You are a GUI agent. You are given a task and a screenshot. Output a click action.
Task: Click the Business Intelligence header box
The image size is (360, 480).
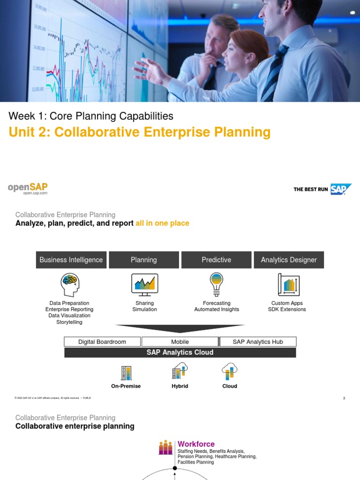[x=71, y=260]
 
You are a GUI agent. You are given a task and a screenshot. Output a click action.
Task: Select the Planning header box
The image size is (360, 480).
[x=144, y=260]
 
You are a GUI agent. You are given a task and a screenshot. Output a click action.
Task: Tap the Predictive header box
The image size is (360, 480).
[x=216, y=260]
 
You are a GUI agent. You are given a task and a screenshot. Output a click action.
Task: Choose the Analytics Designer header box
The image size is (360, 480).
[x=289, y=260]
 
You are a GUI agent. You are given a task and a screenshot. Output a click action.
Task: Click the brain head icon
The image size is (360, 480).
[x=69, y=285]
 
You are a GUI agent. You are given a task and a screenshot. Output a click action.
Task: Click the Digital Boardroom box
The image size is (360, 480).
[x=102, y=342]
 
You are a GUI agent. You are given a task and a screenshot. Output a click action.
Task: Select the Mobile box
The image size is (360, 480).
[x=180, y=342]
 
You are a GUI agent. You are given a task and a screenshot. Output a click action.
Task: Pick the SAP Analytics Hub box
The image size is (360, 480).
[x=258, y=342]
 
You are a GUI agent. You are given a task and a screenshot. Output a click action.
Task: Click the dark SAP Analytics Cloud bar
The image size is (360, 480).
[x=180, y=352]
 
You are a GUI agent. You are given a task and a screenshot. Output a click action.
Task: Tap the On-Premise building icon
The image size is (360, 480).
[x=126, y=373]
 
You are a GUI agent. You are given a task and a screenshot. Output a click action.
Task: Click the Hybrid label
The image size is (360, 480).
[x=180, y=386]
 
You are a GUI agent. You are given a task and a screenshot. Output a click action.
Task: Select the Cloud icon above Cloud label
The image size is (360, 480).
[x=230, y=371]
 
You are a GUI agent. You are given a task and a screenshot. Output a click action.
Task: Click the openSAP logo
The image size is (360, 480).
[x=28, y=188]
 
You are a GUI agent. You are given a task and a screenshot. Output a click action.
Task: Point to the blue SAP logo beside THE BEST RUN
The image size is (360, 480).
[x=340, y=189]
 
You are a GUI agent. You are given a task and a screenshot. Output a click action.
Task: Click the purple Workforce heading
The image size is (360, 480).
[x=196, y=444]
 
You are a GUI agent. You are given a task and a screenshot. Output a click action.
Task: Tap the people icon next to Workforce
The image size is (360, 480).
[x=165, y=448]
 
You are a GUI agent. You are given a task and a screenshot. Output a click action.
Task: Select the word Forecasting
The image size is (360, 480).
[x=217, y=303]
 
